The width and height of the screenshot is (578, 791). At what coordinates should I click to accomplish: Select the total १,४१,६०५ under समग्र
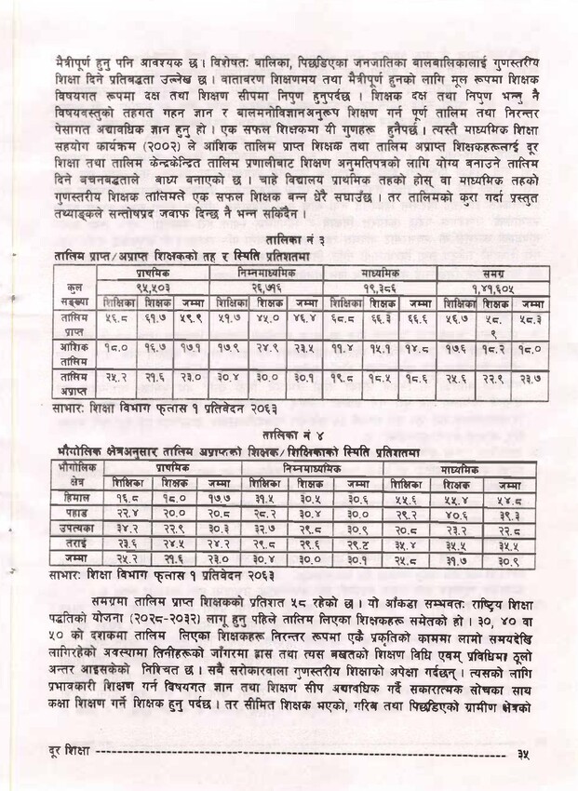pos(493,288)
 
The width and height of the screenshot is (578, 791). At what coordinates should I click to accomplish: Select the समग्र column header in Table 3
pos(493,275)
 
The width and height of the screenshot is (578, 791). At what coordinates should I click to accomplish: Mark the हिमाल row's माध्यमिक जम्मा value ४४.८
pos(509,500)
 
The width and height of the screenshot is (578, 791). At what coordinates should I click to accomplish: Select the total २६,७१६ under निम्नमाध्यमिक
pos(267,288)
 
